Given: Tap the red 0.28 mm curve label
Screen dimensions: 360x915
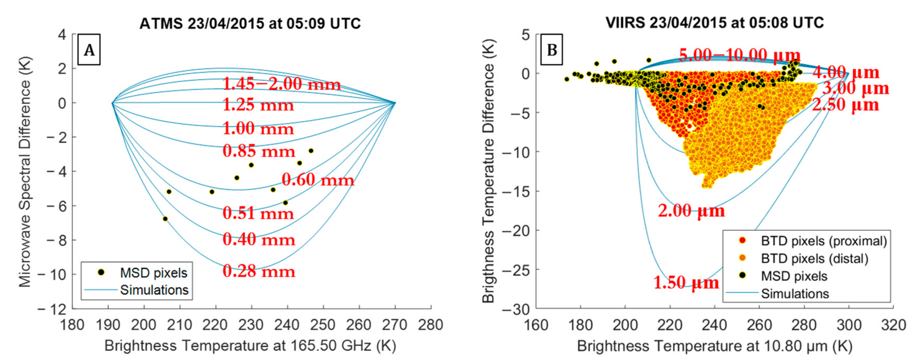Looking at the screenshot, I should pyautogui.click(x=259, y=272).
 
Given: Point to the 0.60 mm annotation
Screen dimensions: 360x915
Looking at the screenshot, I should pyautogui.click(x=318, y=180).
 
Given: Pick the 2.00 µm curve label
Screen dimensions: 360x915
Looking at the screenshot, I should pyautogui.click(x=691, y=211).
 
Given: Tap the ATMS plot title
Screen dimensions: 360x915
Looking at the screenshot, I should pyautogui.click(x=250, y=24).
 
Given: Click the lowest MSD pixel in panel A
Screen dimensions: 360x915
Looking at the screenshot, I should pyautogui.click(x=165, y=219).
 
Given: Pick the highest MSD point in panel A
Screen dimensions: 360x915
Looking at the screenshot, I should pyautogui.click(x=311, y=151).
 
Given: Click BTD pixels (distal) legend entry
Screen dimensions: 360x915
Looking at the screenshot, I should pyautogui.click(x=814, y=258).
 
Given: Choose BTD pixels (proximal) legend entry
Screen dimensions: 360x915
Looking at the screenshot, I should pyautogui.click(x=823, y=241).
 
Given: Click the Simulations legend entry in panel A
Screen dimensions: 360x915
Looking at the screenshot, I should pyautogui.click(x=154, y=290).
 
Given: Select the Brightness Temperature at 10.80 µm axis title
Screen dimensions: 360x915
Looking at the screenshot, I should pyautogui.click(x=715, y=346).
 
